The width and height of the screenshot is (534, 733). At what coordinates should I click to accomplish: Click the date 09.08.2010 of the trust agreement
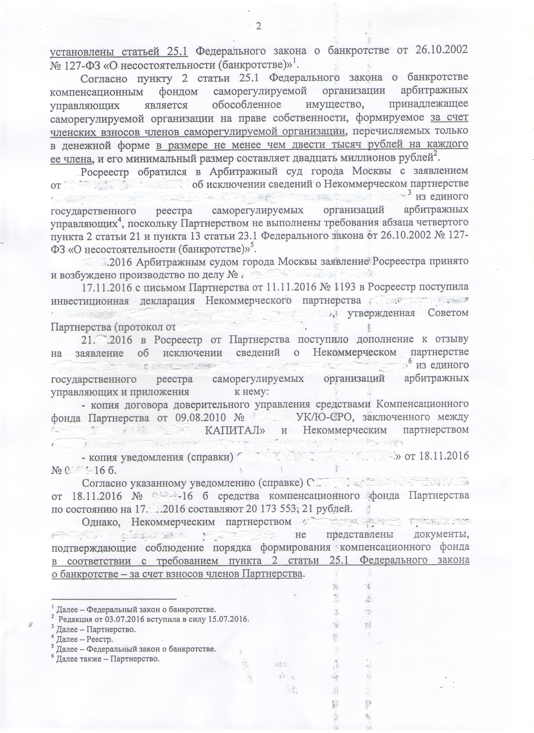point(199,417)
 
